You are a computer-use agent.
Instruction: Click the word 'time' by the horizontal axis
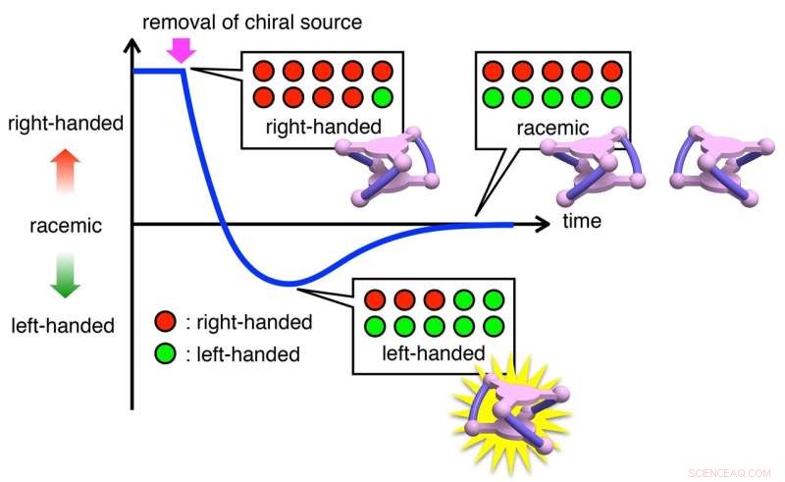click(582, 222)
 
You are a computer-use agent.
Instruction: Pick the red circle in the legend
click(166, 322)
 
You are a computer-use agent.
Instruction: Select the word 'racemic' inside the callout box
click(553, 128)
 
